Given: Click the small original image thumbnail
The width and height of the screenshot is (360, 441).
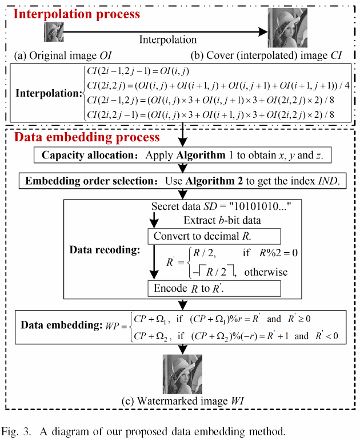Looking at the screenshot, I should (x=53, y=32).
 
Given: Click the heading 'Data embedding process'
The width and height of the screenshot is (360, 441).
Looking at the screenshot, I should (x=86, y=137).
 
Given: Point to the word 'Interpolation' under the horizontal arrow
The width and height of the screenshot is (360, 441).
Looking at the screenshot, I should (x=168, y=40).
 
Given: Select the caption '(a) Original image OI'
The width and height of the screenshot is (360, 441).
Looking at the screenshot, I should (x=62, y=55).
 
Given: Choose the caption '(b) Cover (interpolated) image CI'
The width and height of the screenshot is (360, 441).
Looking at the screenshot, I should (x=261, y=55).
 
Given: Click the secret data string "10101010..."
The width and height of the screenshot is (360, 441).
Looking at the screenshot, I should (x=258, y=205).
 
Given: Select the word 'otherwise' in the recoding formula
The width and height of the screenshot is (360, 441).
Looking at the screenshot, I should (x=266, y=272).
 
